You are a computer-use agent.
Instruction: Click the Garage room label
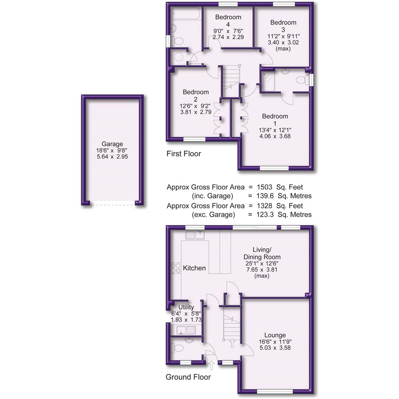pos(112,144)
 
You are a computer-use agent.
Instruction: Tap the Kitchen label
pos(194,268)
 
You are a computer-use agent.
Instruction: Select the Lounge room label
pos(275,335)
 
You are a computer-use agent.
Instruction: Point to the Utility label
pos(186,307)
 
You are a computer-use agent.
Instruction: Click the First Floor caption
pos(184,154)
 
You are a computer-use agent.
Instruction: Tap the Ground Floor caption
pos(188,377)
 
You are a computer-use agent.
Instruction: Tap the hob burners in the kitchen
pos(175,268)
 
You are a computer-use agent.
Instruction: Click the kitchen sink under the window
pos(195,235)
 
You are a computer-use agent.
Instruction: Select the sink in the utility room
pos(186,330)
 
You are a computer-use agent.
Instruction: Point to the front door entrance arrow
pos(211,365)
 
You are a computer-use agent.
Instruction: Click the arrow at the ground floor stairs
pos(232,342)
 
